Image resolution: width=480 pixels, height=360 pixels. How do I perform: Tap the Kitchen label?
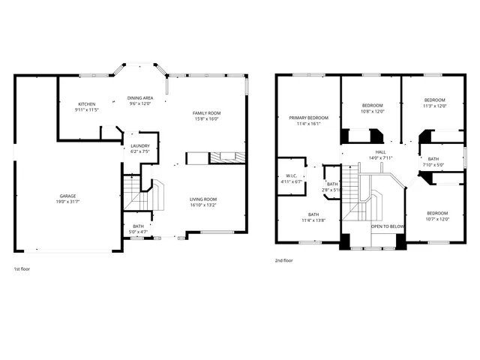[x=88, y=104]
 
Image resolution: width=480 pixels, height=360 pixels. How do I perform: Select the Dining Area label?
[x=139, y=98]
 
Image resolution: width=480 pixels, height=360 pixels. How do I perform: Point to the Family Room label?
[x=207, y=112]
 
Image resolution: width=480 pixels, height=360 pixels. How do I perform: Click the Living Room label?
[x=202, y=199]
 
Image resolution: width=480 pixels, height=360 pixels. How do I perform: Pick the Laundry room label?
[x=140, y=145]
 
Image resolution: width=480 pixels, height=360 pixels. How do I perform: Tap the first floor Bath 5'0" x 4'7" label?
[x=139, y=226]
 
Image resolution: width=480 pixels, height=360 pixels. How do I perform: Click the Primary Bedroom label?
[x=309, y=118]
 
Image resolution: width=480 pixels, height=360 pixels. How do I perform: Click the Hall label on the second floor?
[x=380, y=151]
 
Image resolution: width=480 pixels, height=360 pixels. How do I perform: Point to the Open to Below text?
[x=388, y=226]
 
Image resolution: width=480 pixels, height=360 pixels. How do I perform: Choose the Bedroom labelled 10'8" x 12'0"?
[x=373, y=105]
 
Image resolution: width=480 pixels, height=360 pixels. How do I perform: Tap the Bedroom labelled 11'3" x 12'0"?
[x=434, y=100]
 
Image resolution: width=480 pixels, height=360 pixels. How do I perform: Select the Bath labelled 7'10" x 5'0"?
[x=433, y=159]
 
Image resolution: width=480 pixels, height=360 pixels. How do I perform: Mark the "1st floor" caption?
[x=22, y=268]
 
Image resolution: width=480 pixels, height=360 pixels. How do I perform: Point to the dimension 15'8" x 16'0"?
[x=207, y=118]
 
